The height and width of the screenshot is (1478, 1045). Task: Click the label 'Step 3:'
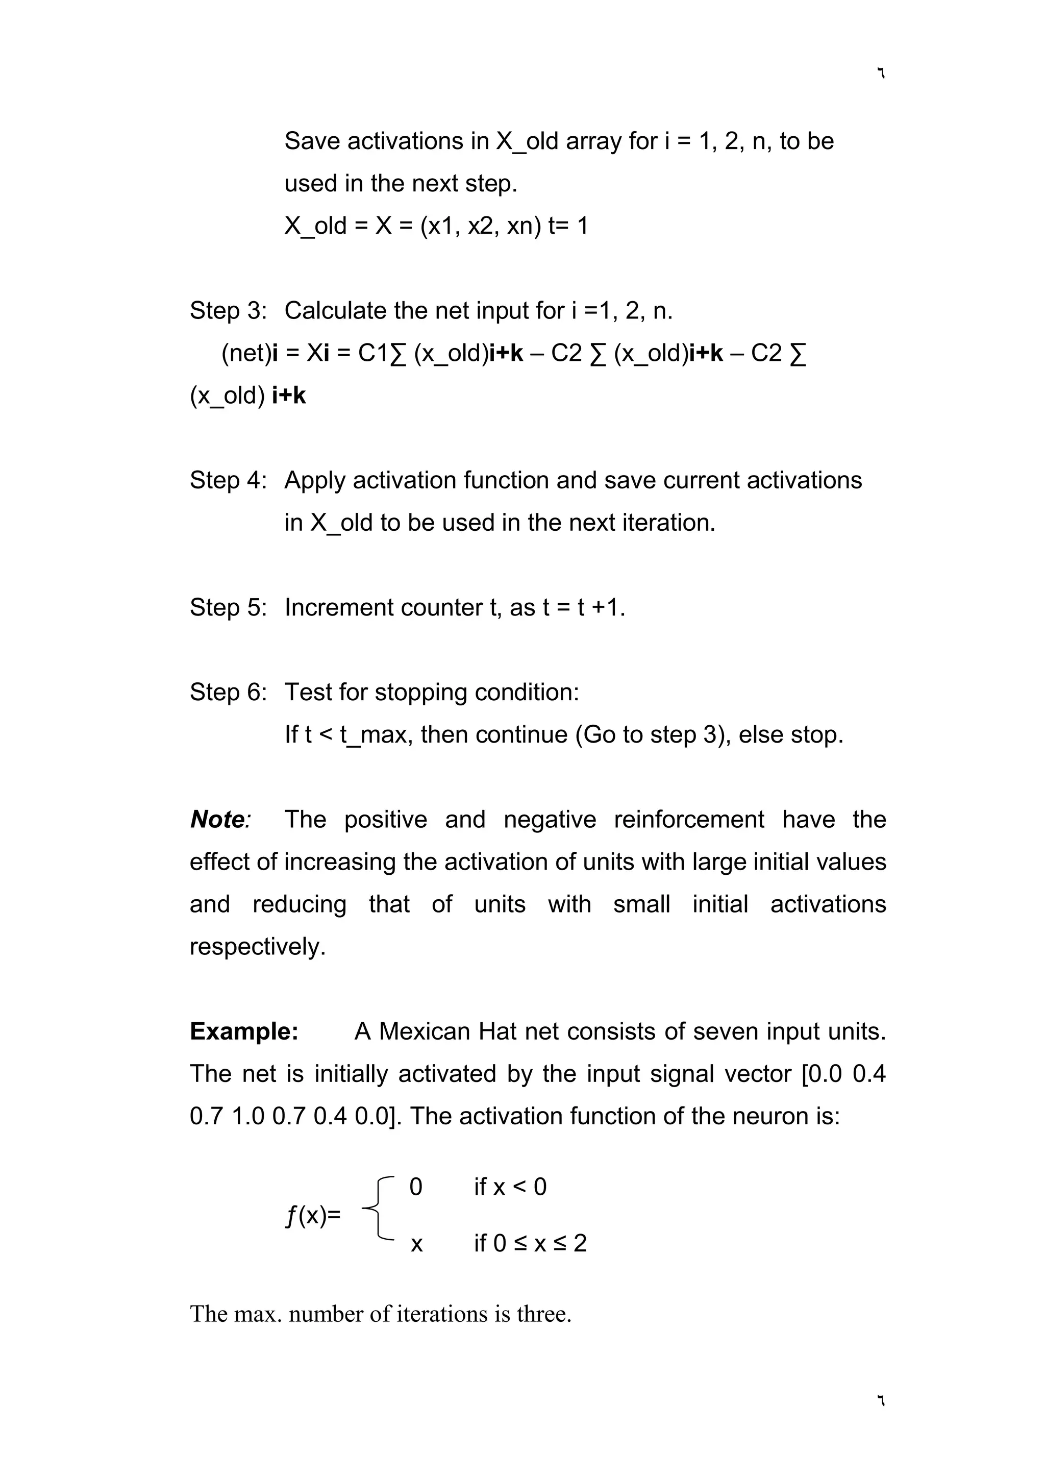[228, 311]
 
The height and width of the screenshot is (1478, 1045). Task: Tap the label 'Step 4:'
[228, 480]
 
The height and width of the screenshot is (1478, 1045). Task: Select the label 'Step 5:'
[228, 607]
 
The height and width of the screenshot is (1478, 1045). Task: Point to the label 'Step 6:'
[228, 692]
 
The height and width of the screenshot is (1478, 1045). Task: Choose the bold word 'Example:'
[244, 1031]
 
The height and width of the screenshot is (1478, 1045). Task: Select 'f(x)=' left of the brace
[313, 1215]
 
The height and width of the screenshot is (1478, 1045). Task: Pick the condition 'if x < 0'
[510, 1187]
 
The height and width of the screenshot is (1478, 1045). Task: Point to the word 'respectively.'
[257, 946]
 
